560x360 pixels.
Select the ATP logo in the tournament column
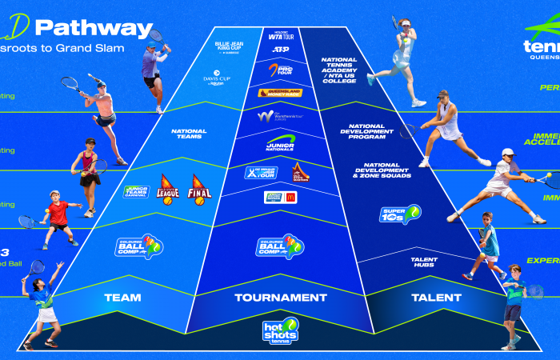click(x=280, y=50)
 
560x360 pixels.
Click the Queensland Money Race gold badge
click(x=280, y=93)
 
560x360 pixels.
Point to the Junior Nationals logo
click(x=281, y=143)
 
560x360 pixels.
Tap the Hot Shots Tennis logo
click(x=280, y=331)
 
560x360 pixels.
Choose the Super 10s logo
click(x=400, y=214)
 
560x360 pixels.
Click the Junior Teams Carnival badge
click(x=136, y=192)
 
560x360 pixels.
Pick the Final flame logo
click(x=199, y=190)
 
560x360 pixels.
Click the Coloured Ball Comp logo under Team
click(x=139, y=246)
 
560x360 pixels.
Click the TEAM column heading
click(x=122, y=298)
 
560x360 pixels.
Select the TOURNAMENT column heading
click(x=280, y=298)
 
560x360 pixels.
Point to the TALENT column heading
click(x=436, y=298)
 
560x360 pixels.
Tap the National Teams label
click(x=190, y=134)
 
